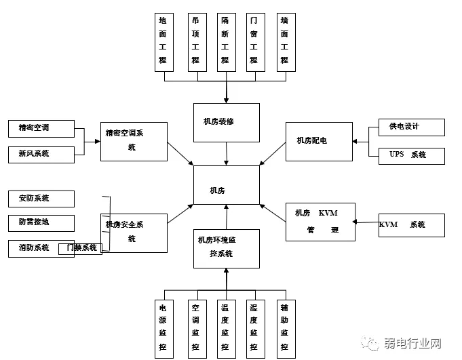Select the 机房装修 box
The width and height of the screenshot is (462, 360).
point(226,123)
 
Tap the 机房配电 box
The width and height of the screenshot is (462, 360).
point(319,141)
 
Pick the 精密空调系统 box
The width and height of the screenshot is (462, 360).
point(134,141)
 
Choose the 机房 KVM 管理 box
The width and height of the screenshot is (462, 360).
point(320,222)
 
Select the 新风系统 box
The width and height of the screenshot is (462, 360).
point(41,154)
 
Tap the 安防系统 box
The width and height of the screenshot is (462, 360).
point(41,199)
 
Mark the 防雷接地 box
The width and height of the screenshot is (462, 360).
point(41,222)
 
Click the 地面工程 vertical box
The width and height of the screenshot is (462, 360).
point(163,42)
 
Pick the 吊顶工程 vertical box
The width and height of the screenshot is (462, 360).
point(196,42)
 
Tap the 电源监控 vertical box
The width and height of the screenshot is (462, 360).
point(163,328)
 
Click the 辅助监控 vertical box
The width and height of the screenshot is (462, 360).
point(286,328)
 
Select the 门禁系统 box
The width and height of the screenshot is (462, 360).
point(81,248)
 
